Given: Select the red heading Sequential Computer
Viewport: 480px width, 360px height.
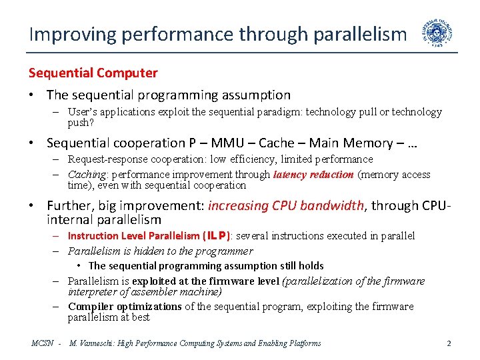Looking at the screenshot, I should (93, 73).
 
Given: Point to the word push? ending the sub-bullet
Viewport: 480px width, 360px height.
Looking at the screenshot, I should (81, 123).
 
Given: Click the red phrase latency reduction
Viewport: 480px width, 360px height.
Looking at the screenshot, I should (314, 175).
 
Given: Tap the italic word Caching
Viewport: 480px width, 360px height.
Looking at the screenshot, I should (89, 175).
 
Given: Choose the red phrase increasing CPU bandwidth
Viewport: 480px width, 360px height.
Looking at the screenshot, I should (287, 206).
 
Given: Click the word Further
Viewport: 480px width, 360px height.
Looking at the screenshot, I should (69, 206).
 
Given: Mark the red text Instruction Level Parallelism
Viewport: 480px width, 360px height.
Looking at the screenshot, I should (133, 235).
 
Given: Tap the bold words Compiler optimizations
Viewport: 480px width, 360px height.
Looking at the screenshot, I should (125, 307).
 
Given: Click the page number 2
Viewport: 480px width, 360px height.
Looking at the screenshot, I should (449, 343).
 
